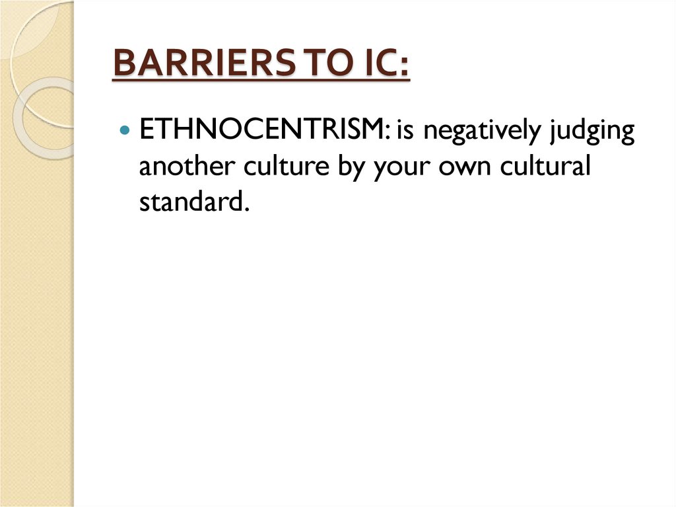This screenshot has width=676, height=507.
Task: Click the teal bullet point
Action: point(126,130)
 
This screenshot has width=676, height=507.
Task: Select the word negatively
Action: point(483,132)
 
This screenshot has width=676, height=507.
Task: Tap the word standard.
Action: point(191,202)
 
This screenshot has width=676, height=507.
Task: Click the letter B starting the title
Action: point(123,65)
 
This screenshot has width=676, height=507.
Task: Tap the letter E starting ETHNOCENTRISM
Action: point(145,130)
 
